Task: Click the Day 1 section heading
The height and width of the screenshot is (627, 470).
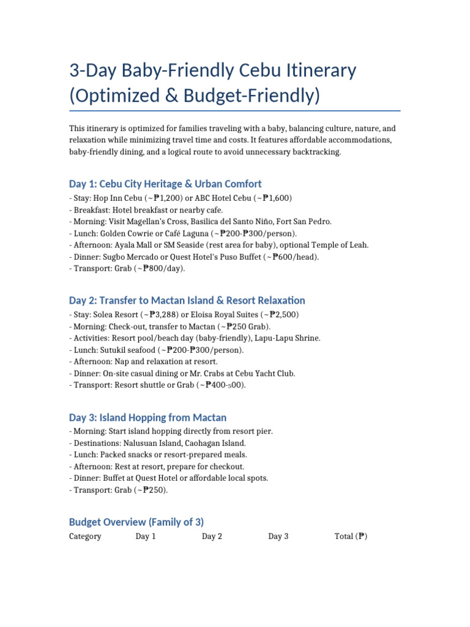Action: (x=165, y=184)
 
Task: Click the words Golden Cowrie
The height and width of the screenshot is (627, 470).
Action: (x=127, y=233)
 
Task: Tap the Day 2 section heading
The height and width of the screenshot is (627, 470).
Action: (x=187, y=301)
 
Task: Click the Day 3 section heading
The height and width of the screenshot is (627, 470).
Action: (x=147, y=418)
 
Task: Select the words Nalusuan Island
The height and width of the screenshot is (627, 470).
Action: (x=150, y=443)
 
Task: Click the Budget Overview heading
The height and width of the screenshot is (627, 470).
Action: (x=136, y=522)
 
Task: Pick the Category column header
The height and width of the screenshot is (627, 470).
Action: (x=85, y=536)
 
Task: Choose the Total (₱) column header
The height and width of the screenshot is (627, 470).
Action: (x=350, y=536)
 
